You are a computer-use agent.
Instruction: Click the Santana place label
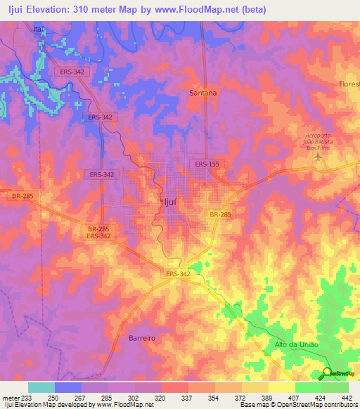pos(203,92)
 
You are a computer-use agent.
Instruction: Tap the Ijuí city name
pos(162,202)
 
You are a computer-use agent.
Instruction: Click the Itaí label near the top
pos(39,29)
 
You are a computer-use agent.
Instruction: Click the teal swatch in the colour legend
pos(41,387)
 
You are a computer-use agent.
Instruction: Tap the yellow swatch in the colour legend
pos(281,387)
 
